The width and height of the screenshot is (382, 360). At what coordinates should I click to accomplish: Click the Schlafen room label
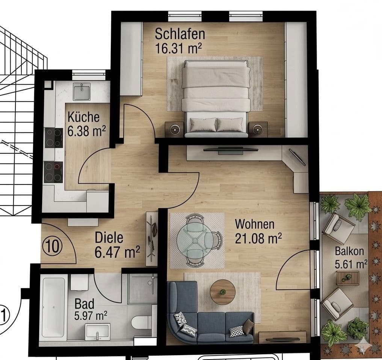[x=180, y=34]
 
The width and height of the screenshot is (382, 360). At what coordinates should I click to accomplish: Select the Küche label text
[x=83, y=117]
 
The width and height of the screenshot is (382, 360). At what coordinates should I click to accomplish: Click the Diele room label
[x=109, y=238]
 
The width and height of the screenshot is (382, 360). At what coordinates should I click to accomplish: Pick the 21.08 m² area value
[x=258, y=238]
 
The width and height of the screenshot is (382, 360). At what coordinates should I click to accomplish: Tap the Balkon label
[x=350, y=251]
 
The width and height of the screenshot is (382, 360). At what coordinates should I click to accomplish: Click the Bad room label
[x=84, y=303]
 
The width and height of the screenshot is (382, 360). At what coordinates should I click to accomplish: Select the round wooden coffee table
[x=223, y=292]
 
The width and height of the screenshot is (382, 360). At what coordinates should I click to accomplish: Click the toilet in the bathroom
[x=142, y=322]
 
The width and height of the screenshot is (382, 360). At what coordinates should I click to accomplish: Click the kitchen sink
[x=82, y=91]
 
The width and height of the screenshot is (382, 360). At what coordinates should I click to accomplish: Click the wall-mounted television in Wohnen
[x=230, y=150]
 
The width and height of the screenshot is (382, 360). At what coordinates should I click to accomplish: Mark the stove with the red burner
[x=53, y=172]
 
